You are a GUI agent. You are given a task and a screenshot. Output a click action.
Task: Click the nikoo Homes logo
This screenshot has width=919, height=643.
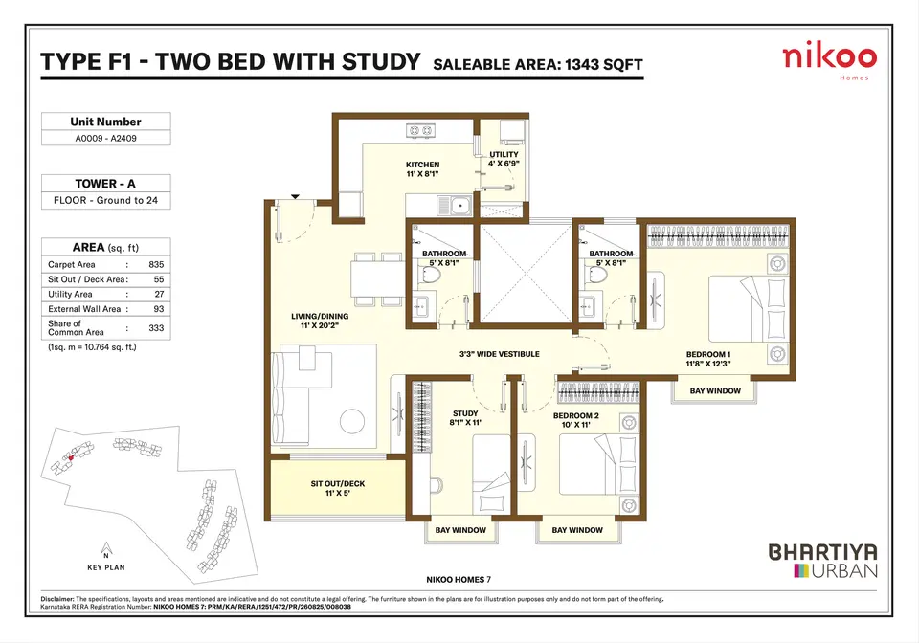tap(829, 62)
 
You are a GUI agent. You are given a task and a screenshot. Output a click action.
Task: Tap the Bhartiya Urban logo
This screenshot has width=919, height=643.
tap(823, 561)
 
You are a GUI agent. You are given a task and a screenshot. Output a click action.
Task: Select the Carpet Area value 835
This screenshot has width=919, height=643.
tap(156, 265)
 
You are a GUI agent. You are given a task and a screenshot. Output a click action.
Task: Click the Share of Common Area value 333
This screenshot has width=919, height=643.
tap(156, 328)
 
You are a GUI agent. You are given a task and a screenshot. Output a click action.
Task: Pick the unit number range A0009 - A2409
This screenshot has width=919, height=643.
tap(105, 138)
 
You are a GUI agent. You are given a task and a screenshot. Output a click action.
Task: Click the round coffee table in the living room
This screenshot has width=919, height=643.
tap(352, 420)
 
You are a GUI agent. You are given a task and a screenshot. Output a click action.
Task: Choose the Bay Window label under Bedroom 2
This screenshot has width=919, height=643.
tap(577, 530)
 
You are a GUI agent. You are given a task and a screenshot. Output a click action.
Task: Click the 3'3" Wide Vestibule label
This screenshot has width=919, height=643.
tap(500, 354)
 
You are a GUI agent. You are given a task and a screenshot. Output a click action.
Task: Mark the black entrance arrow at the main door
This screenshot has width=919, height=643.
tap(296, 197)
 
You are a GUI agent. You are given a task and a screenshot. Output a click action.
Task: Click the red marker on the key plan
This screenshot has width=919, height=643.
tap(71, 458)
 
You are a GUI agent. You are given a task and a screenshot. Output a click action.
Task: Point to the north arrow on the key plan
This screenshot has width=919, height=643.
tap(106, 549)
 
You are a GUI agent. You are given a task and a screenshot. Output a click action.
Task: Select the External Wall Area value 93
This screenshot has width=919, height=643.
tap(159, 309)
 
